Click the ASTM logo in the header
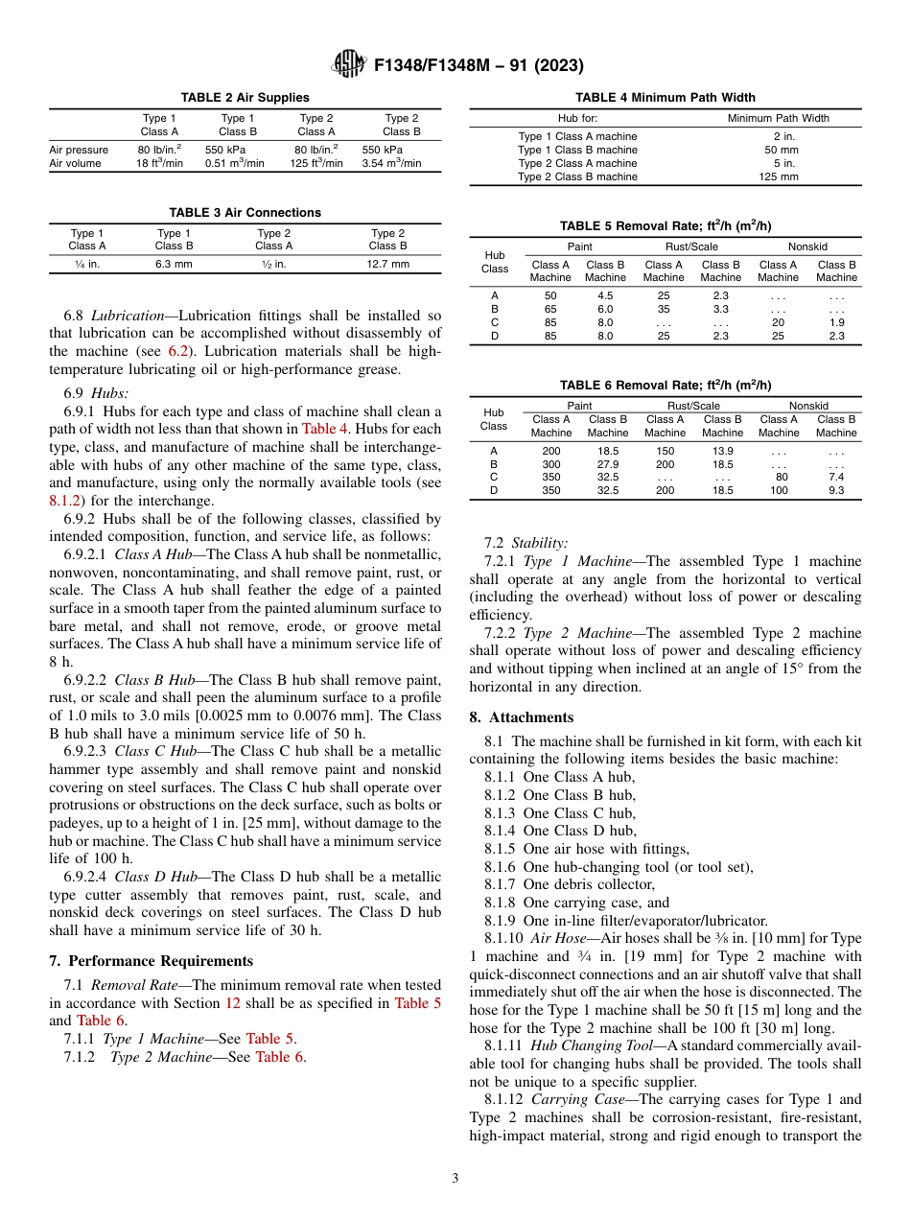pos(348,64)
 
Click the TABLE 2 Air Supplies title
pos(245,97)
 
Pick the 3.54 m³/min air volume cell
pos(391,163)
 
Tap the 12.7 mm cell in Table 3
pos(387,264)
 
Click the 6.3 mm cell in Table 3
pos(174,264)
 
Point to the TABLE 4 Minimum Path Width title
pos(665,97)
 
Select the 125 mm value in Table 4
pos(778,176)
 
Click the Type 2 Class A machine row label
pos(577,163)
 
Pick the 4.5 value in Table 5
pos(605,296)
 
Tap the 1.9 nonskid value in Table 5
pos(836,323)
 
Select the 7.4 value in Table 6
pos(836,477)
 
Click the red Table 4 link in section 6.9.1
pos(325,429)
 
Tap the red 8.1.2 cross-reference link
pos(64,500)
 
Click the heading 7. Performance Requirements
pos(152,961)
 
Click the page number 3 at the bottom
pos(455,1178)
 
